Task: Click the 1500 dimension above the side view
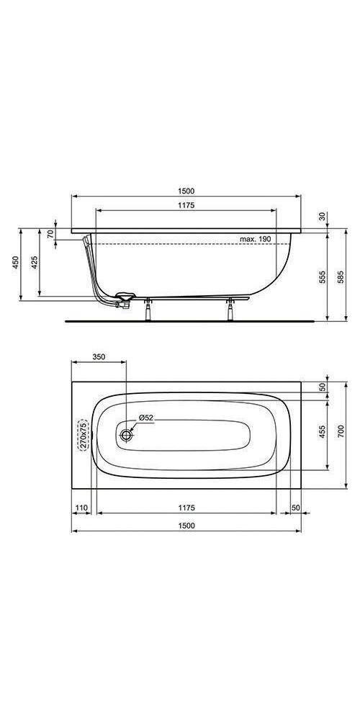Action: point(186,192)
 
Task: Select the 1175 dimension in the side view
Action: point(186,205)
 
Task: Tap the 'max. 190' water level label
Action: point(256,238)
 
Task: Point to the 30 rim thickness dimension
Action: point(322,217)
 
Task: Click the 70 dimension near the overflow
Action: point(50,234)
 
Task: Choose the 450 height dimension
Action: point(15,264)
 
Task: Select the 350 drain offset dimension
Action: point(99,357)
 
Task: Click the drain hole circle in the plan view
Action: point(127,434)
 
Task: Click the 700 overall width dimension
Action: point(342,431)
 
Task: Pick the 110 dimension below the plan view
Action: point(81,508)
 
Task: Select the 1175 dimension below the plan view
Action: point(186,508)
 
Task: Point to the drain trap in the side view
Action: point(121,297)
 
